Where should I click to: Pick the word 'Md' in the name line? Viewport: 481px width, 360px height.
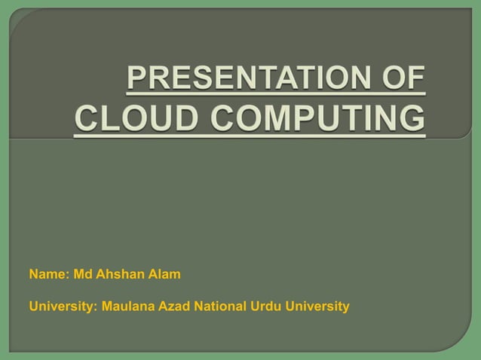click(81, 274)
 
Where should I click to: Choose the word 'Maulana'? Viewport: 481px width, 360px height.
click(127, 307)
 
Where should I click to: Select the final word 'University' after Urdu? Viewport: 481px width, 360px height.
click(317, 307)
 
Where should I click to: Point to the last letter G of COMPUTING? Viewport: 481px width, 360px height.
click(413, 120)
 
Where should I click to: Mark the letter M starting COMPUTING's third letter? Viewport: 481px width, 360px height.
click(253, 120)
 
